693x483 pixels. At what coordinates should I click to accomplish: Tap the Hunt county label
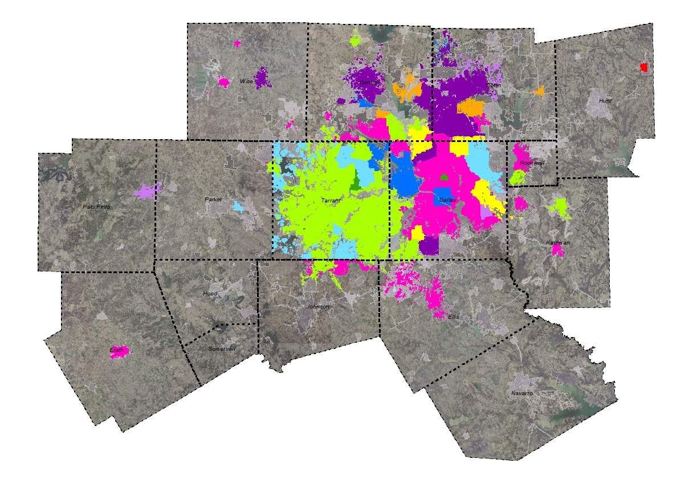pyautogui.click(x=605, y=101)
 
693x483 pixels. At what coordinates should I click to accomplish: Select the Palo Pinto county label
pyautogui.click(x=96, y=206)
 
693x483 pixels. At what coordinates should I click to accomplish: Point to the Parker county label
pyautogui.click(x=213, y=200)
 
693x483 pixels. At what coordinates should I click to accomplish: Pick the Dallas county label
pyautogui.click(x=447, y=200)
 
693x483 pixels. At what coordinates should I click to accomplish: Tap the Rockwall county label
pyautogui.click(x=532, y=163)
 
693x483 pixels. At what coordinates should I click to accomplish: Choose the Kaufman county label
pyautogui.click(x=557, y=243)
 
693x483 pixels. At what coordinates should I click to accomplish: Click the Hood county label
pyautogui.click(x=210, y=294)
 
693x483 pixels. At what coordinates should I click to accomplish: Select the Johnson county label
pyautogui.click(x=318, y=307)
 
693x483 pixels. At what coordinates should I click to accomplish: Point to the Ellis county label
pyautogui.click(x=453, y=316)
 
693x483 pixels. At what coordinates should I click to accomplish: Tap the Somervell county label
pyautogui.click(x=221, y=348)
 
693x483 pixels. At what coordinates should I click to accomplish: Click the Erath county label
pyautogui.click(x=116, y=350)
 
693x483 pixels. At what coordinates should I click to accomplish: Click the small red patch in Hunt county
pyautogui.click(x=643, y=67)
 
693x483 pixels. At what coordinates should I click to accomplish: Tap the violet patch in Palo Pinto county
pyautogui.click(x=148, y=191)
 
